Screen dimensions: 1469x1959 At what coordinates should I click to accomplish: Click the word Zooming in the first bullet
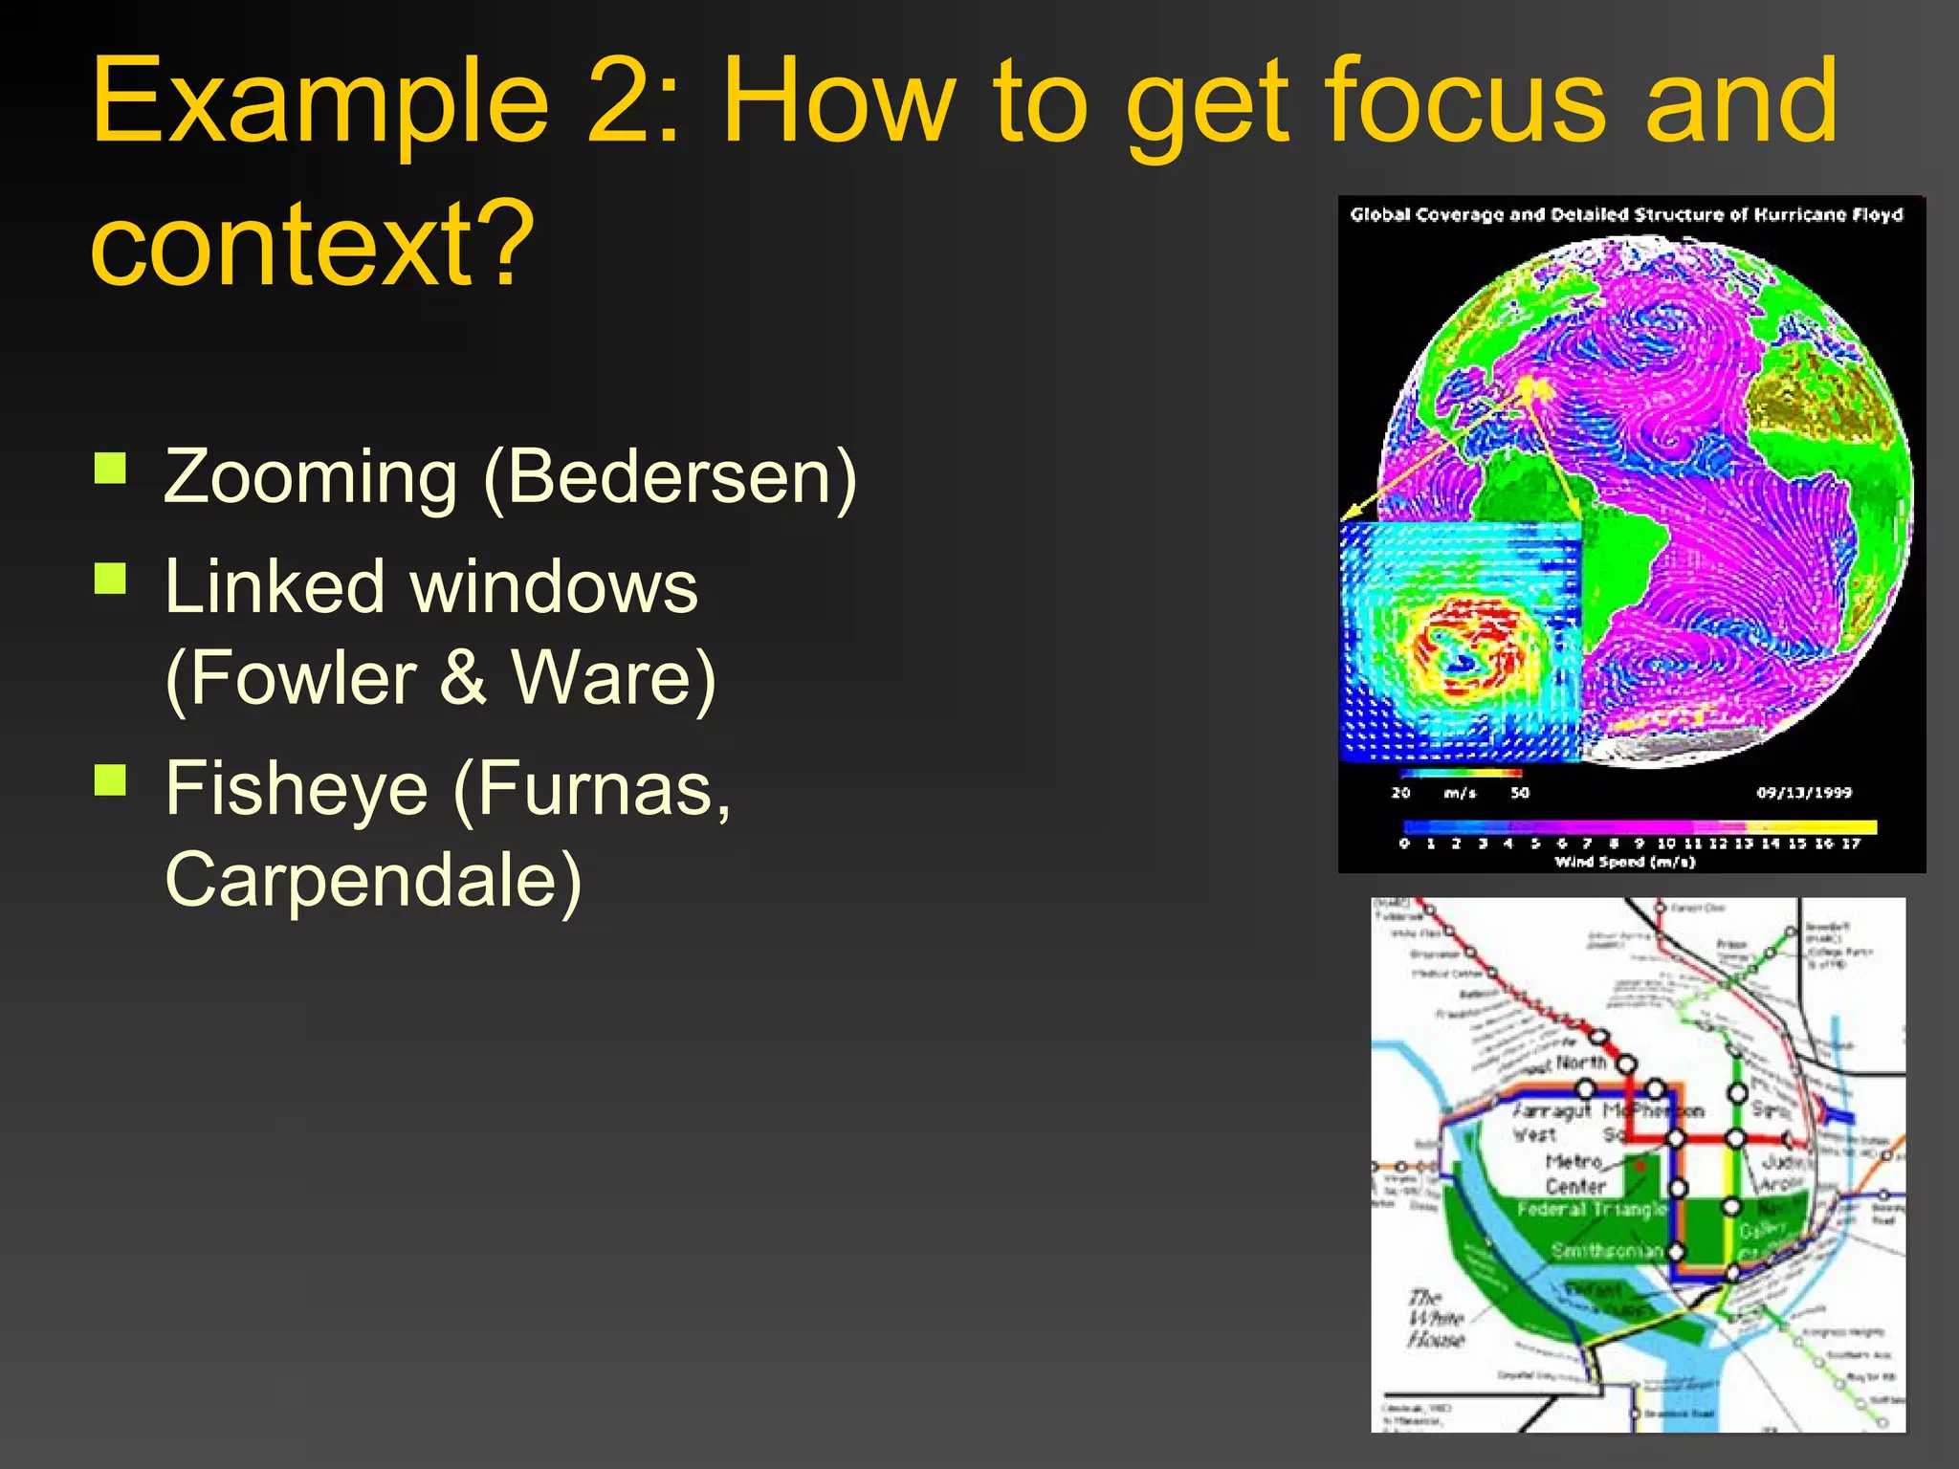(x=310, y=478)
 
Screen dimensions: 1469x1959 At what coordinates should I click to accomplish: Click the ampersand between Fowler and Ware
(x=463, y=677)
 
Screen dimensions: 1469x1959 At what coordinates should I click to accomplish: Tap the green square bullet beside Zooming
(x=111, y=469)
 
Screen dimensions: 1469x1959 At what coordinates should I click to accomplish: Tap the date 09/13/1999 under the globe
(x=1803, y=793)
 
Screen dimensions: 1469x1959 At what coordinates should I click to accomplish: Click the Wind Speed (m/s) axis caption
(x=1624, y=862)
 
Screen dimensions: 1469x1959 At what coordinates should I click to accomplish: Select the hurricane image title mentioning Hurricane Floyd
(x=1626, y=214)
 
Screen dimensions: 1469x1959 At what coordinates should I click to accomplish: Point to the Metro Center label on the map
(x=1574, y=1174)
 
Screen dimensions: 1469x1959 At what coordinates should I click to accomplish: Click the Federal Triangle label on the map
(x=1592, y=1210)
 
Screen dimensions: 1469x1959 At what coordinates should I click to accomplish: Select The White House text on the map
(x=1435, y=1319)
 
